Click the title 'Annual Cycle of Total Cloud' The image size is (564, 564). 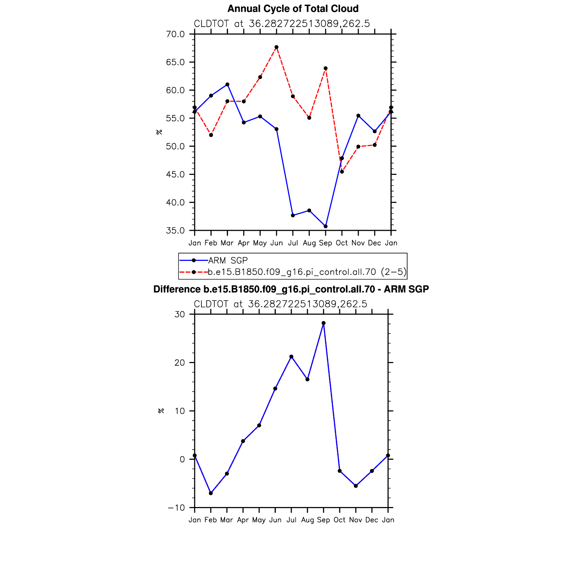coord(293,9)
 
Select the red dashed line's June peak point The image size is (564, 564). coord(276,47)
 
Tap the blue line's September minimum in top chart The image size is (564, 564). coord(325,226)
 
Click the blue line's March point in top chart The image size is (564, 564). coord(227,85)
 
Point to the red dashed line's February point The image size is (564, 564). coord(211,135)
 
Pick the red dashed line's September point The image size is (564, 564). coord(325,68)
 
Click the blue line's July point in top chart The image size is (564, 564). coord(293,215)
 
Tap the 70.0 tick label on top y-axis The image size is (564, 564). coord(176,34)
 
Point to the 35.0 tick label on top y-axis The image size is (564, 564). coord(176,230)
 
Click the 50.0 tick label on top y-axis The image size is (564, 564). coord(176,146)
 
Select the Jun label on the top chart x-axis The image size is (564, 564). coord(276,243)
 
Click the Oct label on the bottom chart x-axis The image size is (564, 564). coord(339,520)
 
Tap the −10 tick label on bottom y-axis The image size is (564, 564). coord(176,508)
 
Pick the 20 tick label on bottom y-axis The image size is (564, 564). coord(180,363)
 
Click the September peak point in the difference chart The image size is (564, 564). coord(324,323)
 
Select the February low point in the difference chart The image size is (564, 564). coord(211,493)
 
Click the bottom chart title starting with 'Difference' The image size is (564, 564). coord(291,289)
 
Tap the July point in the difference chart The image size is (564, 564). coord(291,357)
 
